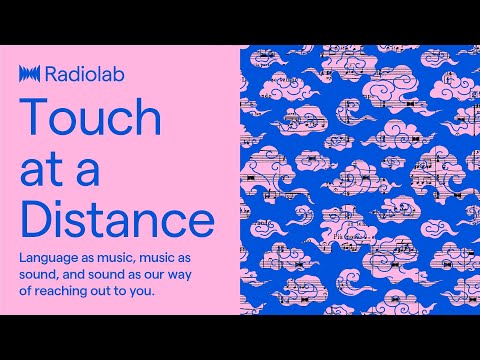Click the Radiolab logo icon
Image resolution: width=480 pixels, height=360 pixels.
(29, 73)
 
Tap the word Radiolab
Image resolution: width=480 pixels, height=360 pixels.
(74, 73)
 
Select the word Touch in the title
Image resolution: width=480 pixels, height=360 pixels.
(90, 119)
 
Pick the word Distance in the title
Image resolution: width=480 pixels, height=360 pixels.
(116, 218)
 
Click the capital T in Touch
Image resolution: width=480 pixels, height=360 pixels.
(32, 119)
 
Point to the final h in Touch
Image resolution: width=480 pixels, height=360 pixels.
(147, 119)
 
